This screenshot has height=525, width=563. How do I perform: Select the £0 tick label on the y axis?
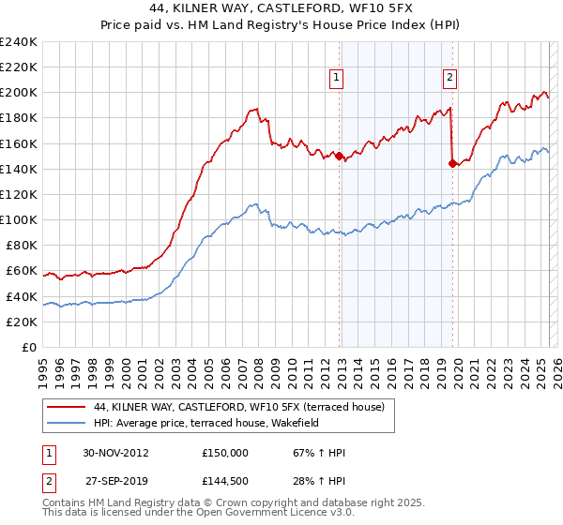(x=29, y=347)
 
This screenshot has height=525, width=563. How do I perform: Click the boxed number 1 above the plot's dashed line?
(x=336, y=78)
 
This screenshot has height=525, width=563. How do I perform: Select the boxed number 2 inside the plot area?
(x=450, y=78)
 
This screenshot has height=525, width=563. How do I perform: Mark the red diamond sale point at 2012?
(x=340, y=157)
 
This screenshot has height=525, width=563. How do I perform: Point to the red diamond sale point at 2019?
(x=452, y=163)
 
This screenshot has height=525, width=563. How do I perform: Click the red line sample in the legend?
(x=67, y=407)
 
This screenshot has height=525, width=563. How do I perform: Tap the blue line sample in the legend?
(x=67, y=423)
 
